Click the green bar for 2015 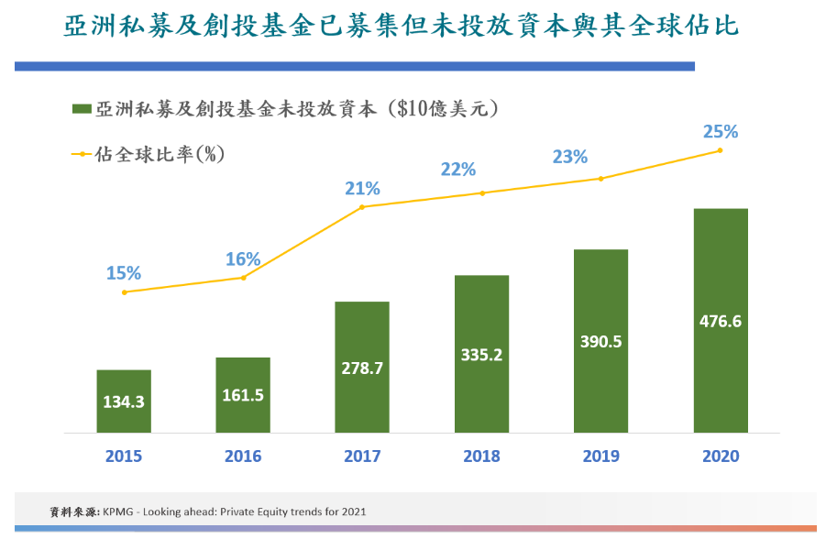124,401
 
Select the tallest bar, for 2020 721,320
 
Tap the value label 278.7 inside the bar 362,368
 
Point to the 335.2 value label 481,355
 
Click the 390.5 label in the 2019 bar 600,342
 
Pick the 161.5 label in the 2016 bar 243,395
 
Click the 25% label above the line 721,131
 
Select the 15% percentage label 124,272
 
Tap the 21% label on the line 362,188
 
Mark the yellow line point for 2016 243,277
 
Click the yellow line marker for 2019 600,178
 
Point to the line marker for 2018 481,192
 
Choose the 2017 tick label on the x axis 362,456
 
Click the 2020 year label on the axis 721,456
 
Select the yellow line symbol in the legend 82,154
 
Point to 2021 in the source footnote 350,511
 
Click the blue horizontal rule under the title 354,66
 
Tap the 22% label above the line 457,169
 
